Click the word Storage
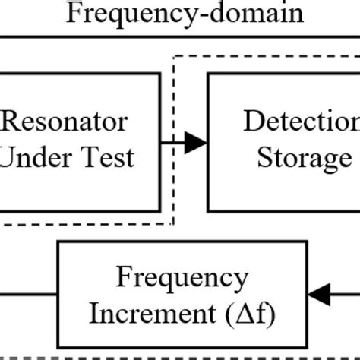tap(304, 158)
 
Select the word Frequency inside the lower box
tap(182, 278)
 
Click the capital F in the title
tap(74, 13)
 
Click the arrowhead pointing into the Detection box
tap(197, 141)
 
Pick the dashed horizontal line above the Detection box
tap(266, 55)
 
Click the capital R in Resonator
tap(12, 122)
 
